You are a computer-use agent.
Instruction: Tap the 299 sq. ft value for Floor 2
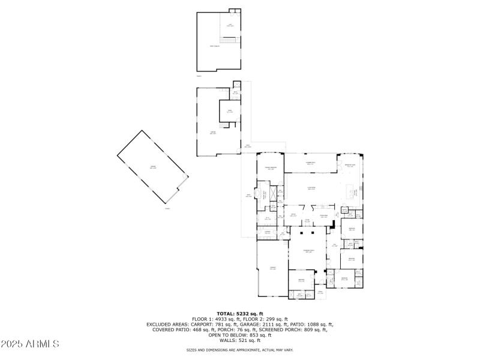[278, 319]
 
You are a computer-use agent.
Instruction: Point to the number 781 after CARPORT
[212, 324]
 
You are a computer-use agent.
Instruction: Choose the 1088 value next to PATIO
[313, 324]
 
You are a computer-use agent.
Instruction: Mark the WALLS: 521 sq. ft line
[240, 340]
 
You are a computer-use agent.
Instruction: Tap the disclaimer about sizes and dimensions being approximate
[240, 350]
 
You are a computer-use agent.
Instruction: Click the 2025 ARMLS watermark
[30, 344]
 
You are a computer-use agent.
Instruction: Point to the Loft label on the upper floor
[230, 25]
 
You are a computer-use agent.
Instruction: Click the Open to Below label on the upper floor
[214, 46]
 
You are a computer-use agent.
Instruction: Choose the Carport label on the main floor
[272, 268]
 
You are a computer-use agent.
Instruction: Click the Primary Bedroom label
[271, 169]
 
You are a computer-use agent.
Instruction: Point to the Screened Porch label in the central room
[309, 251]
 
